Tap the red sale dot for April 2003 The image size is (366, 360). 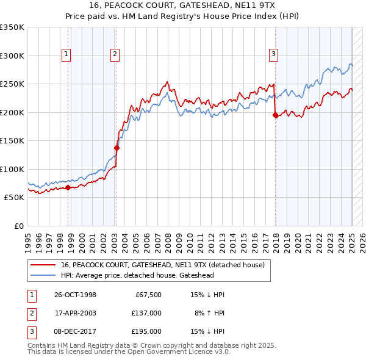(117, 148)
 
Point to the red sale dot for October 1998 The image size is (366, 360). (68, 187)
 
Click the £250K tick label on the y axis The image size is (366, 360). (12, 84)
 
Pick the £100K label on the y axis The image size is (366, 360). (12, 169)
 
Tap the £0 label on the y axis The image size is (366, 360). (19, 226)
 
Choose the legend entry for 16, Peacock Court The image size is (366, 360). (162, 265)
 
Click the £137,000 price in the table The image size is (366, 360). (146, 313)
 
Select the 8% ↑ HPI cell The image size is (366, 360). (208, 313)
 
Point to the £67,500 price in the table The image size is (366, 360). (148, 295)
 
